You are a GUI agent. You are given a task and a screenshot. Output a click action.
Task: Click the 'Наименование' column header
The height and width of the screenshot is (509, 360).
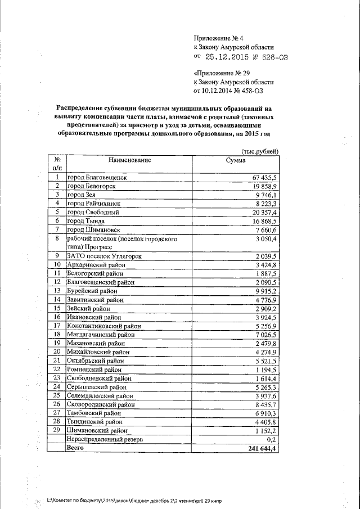(130, 160)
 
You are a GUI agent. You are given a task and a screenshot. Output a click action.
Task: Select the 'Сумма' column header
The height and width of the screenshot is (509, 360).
(235, 160)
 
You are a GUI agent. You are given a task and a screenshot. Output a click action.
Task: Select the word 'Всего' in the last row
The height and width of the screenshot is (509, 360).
(75, 448)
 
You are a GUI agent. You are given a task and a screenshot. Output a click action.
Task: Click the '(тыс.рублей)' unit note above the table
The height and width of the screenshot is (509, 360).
(259, 151)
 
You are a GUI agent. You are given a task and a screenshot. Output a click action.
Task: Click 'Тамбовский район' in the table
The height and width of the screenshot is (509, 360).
(93, 413)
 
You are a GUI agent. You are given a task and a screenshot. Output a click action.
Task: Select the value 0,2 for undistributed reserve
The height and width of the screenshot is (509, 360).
(273, 439)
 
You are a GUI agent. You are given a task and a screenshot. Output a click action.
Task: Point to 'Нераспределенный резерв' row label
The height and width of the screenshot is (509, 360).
(101, 439)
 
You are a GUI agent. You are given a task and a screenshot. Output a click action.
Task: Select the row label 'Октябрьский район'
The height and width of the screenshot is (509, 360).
(94, 361)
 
